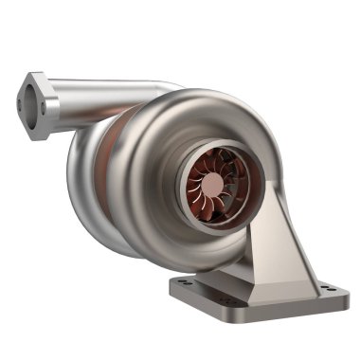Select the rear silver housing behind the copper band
pos(90,189)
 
